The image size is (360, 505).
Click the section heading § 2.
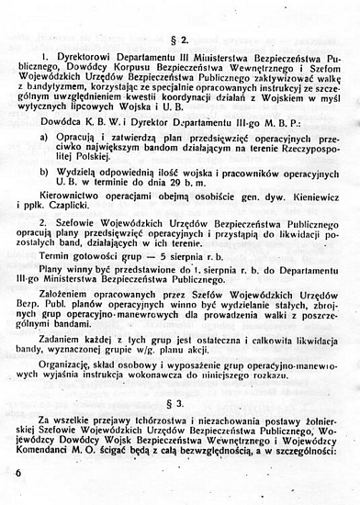click(179, 39)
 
